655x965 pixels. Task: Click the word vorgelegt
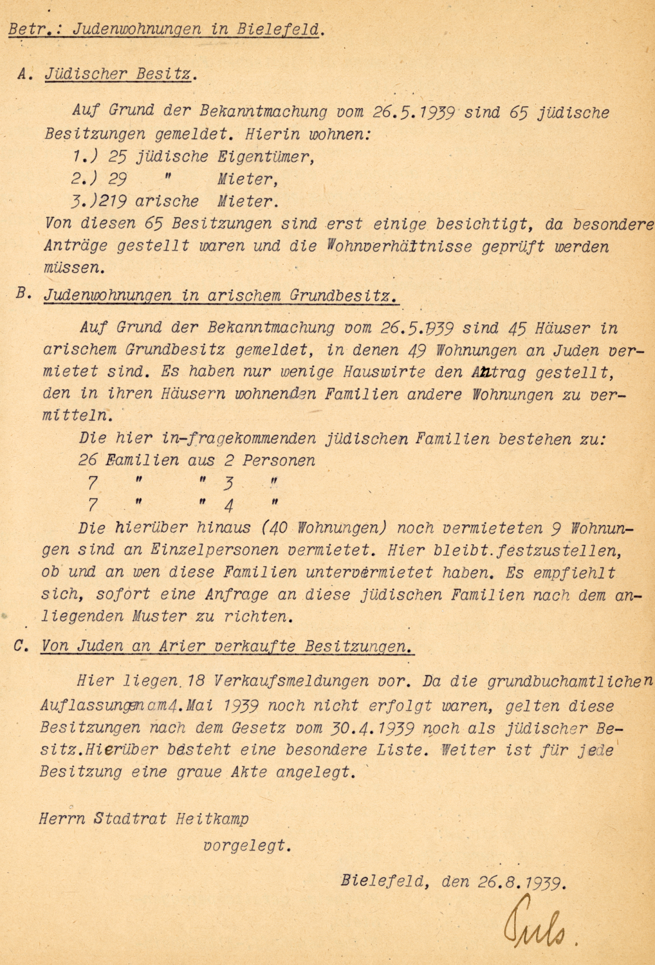[246, 846]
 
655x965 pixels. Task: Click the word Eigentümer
[266, 157]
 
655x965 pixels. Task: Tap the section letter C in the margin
[21, 645]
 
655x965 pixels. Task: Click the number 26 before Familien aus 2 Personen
[88, 461]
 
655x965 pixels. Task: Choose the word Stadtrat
[131, 819]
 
